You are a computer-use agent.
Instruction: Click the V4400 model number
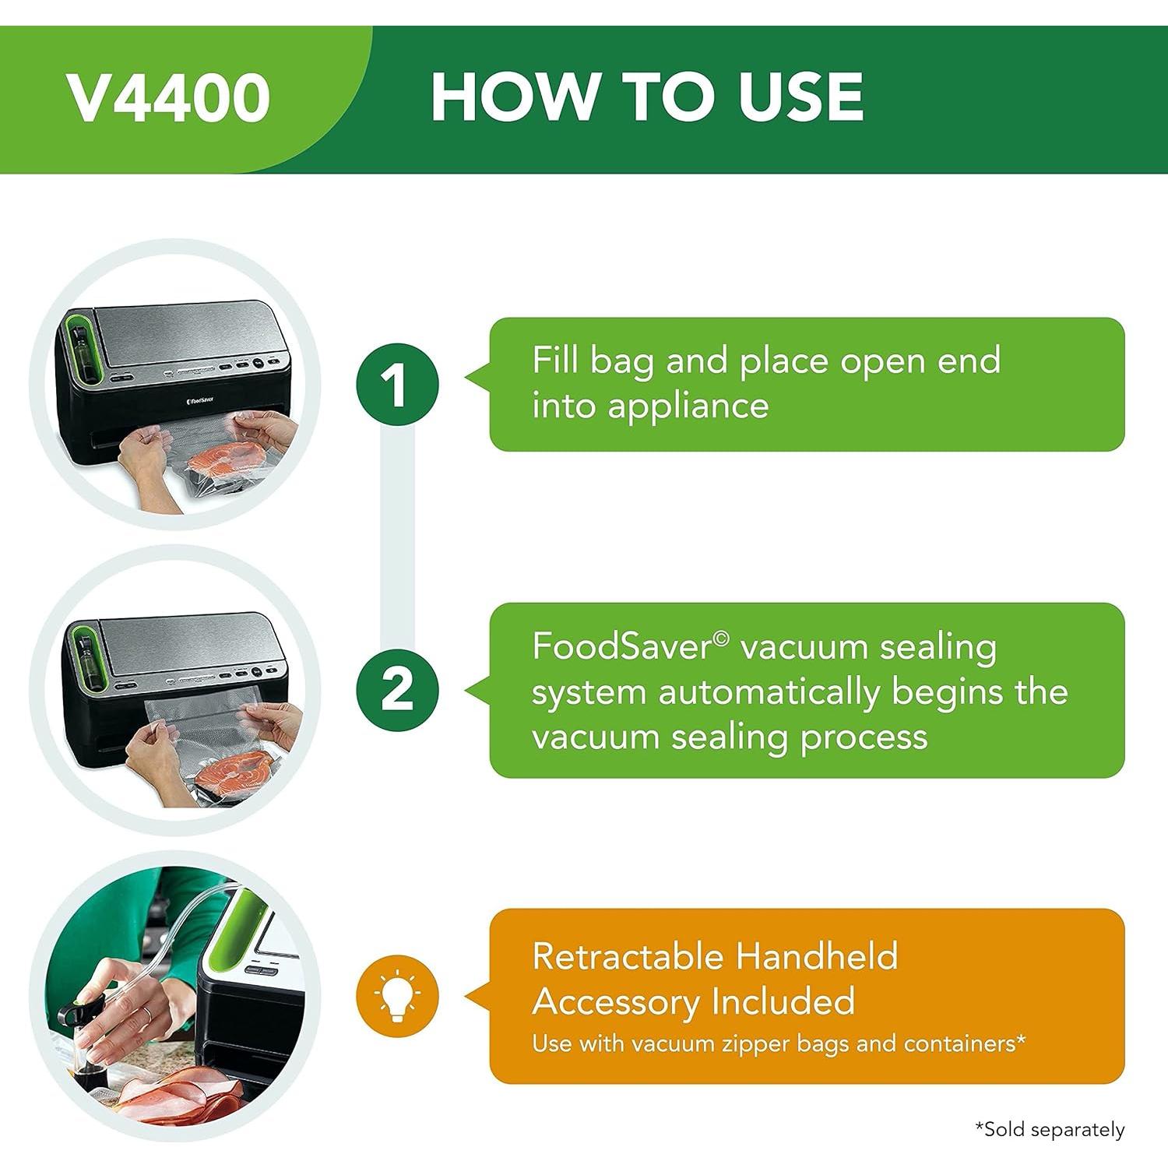168,98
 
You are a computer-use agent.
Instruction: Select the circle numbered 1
397,385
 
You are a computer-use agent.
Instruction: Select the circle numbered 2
397,690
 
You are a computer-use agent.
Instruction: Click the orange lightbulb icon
397,996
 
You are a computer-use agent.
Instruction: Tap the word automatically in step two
769,692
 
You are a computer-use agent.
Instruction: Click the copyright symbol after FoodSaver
722,639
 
